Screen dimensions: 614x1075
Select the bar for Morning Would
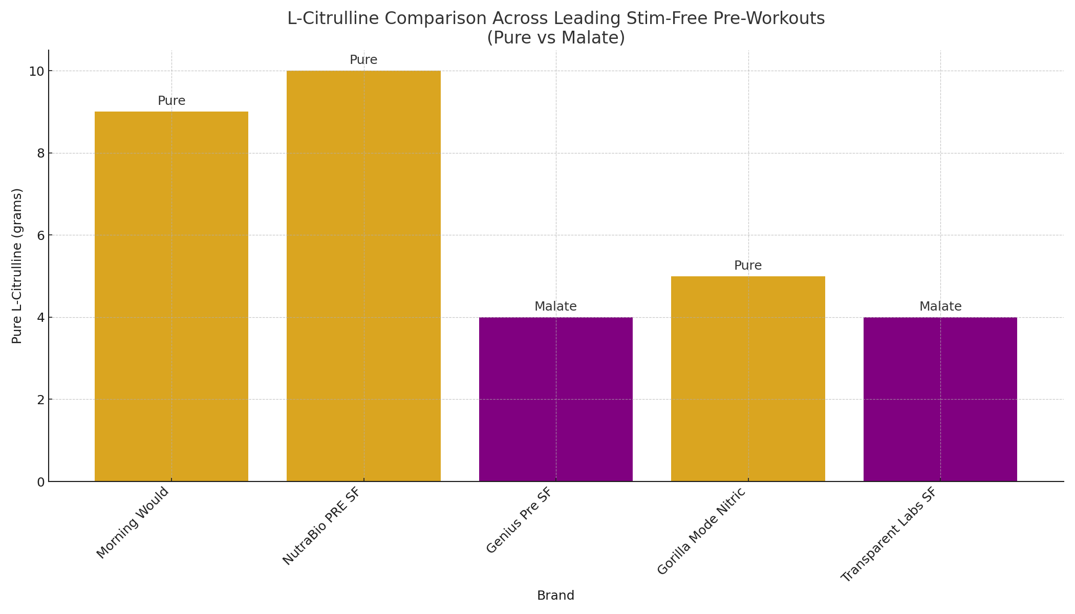171,297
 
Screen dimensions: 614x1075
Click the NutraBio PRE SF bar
363,276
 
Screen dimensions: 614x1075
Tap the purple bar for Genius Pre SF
556,399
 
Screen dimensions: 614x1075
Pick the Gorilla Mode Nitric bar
748,379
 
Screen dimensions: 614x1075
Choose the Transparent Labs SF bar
940,399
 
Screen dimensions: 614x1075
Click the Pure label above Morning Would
171,101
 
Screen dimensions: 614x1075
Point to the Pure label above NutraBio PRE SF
363,60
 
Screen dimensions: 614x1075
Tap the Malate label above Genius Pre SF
556,306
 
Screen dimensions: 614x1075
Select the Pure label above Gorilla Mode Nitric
748,266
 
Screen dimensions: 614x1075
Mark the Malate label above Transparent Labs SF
940,306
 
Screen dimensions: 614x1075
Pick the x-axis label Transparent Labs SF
889,534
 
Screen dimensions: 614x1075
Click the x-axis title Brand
556,596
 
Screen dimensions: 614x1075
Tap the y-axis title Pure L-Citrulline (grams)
17,266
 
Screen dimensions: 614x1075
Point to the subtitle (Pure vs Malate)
556,38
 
